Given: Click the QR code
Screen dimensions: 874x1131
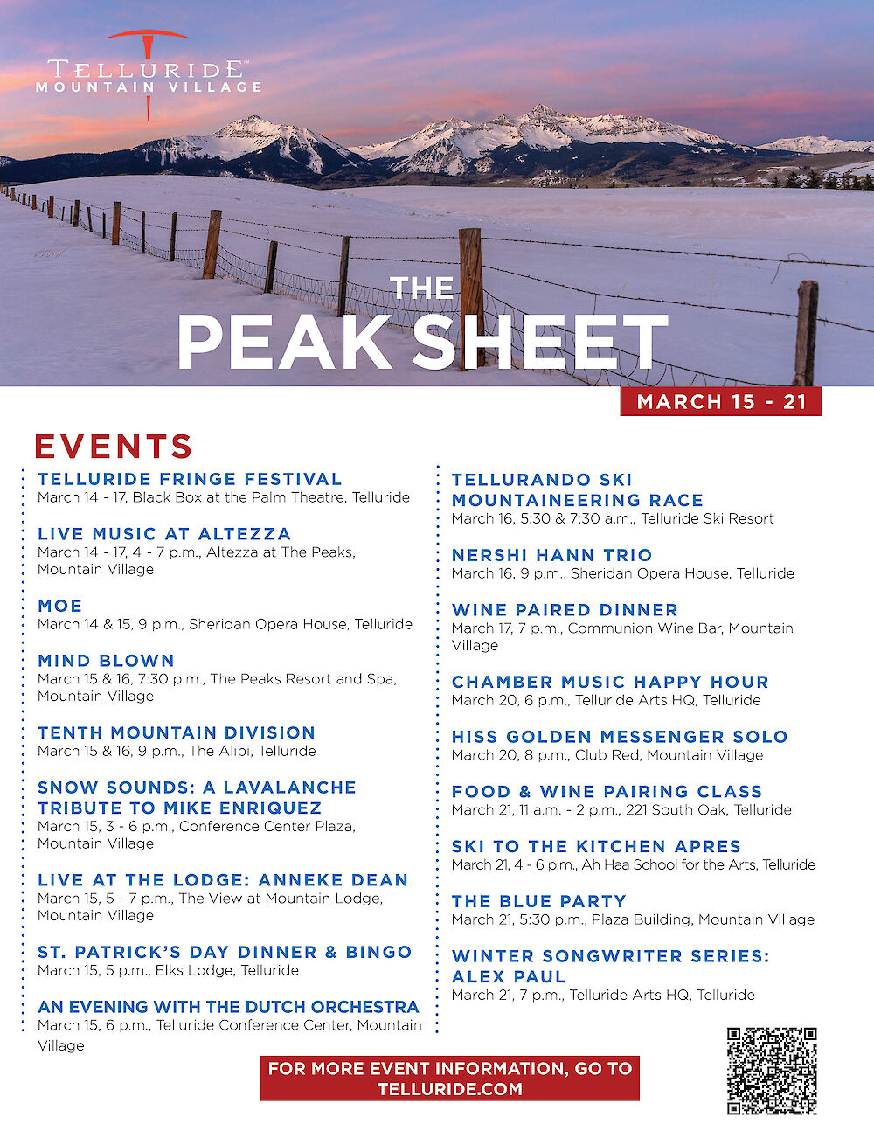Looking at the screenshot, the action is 772,1071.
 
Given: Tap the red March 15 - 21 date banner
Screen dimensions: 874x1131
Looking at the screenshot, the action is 721,402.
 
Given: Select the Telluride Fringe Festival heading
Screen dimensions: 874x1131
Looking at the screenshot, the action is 190,479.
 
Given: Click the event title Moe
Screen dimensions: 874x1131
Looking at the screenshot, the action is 60,606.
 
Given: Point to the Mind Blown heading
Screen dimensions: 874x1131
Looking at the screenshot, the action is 106,661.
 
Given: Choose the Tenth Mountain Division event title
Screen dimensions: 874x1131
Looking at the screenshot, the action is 177,732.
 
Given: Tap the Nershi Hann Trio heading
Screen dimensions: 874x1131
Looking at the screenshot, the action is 551,555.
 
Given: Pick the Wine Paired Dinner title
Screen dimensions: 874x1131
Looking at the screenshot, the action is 565,610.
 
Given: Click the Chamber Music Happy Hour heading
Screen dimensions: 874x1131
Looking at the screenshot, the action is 610,682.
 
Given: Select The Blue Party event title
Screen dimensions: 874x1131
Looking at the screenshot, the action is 539,901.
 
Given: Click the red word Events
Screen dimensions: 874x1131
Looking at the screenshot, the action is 114,447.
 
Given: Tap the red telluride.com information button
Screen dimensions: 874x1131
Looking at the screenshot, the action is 449,1079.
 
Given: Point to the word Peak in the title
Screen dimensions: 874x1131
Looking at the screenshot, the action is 284,342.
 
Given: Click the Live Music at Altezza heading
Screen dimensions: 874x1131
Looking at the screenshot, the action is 164,534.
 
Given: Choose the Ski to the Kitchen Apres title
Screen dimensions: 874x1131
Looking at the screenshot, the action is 596,846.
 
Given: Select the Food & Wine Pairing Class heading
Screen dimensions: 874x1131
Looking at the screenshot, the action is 607,792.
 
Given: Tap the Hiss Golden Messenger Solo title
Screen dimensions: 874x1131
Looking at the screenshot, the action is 620,737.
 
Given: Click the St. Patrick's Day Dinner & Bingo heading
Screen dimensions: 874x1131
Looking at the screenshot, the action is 225,952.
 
